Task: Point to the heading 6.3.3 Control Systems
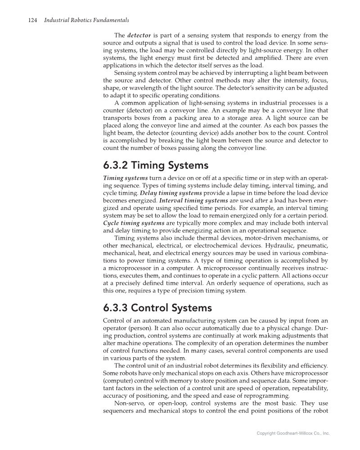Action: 157,309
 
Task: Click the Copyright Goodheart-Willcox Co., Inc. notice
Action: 293,433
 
